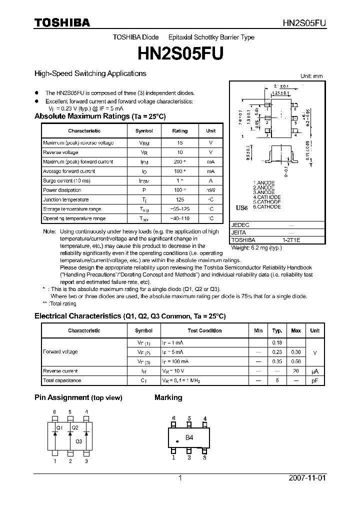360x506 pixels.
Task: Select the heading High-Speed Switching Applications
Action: tap(90, 73)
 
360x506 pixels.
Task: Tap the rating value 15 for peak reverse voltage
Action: tap(179, 143)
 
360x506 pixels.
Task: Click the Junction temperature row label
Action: tap(65, 199)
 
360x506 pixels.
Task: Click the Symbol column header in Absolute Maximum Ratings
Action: tap(144, 131)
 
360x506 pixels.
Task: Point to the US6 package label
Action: tap(241, 207)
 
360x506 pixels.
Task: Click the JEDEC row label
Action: tap(240, 225)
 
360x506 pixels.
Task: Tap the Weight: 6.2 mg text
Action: tap(256, 247)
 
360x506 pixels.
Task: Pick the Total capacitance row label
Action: tap(62, 380)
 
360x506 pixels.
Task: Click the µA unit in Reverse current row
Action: tap(315, 371)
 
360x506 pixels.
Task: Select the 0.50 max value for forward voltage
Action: tap(296, 361)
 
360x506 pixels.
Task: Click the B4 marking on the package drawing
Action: tap(189, 437)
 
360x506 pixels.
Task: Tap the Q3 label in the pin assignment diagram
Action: tap(78, 441)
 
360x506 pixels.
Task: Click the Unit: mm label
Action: tap(311, 76)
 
